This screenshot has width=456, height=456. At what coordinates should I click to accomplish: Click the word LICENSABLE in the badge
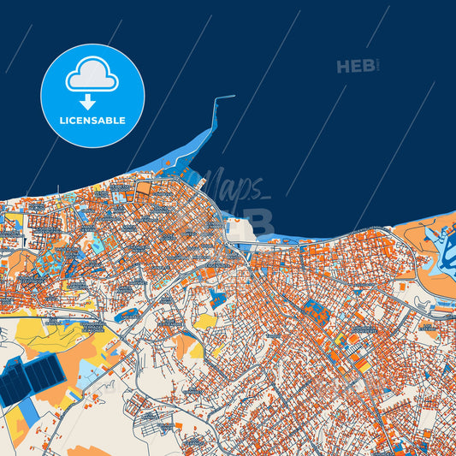pyautogui.click(x=92, y=121)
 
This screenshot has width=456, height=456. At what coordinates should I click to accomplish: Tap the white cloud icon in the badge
pyautogui.click(x=92, y=75)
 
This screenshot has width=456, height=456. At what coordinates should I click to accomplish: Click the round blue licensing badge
pyautogui.click(x=92, y=96)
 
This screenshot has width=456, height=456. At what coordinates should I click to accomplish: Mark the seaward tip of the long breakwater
pyautogui.click(x=233, y=97)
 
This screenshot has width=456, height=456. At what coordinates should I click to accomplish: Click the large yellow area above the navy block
pyautogui.click(x=60, y=334)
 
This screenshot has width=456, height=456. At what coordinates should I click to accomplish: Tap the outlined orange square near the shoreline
pyautogui.click(x=144, y=188)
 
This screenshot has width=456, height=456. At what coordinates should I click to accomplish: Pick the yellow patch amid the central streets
pyautogui.click(x=205, y=322)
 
